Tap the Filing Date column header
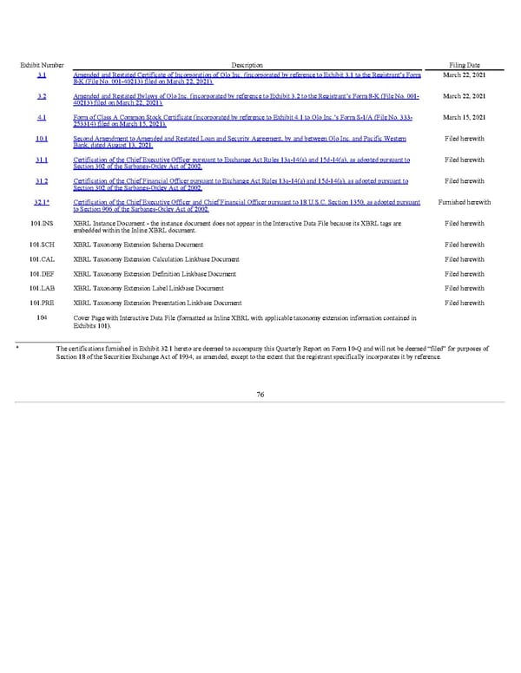(465, 66)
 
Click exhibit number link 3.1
(43, 76)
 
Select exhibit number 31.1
(43, 160)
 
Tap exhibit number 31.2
(43, 180)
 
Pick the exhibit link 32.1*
(43, 201)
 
